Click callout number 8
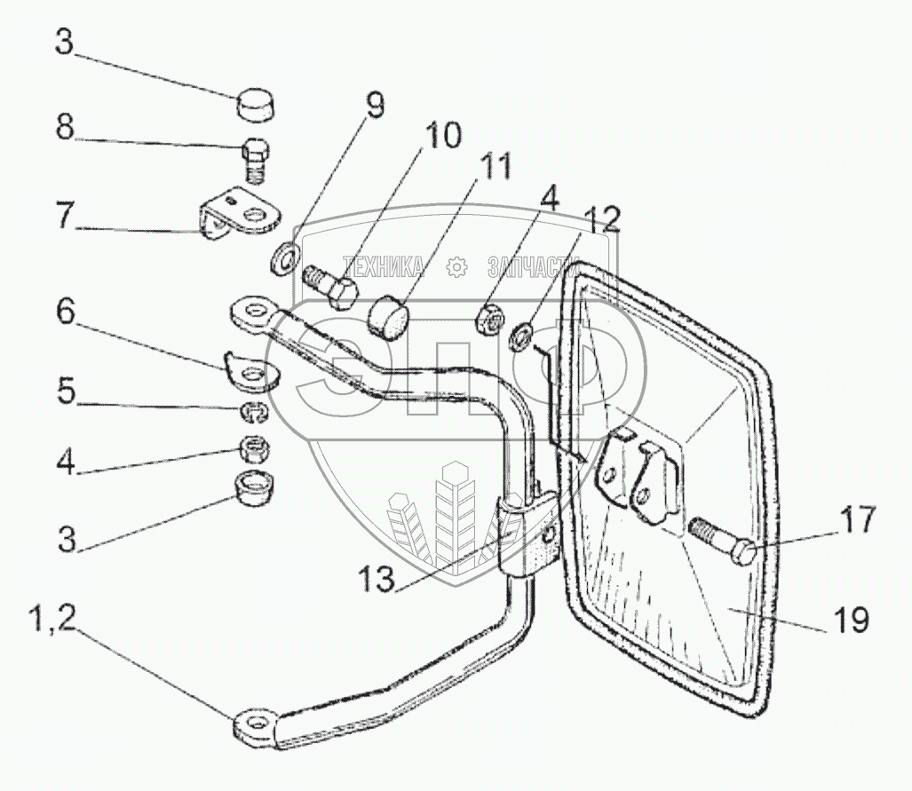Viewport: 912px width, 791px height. (x=65, y=127)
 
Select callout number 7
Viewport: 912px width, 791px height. (x=65, y=216)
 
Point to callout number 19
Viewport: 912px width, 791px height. (x=850, y=621)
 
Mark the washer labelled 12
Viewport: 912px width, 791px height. (x=521, y=336)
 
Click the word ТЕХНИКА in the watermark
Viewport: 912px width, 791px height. (x=384, y=265)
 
